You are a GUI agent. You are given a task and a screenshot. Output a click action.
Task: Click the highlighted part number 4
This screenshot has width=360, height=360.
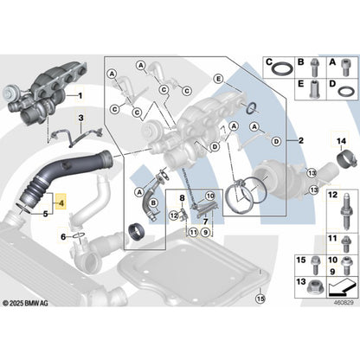(x=61, y=203)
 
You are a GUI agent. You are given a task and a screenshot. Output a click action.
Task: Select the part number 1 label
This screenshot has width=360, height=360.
(x=80, y=95)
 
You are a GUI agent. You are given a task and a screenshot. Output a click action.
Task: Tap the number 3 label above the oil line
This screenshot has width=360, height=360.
(x=81, y=118)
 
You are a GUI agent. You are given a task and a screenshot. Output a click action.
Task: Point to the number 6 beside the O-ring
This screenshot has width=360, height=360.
(x=63, y=237)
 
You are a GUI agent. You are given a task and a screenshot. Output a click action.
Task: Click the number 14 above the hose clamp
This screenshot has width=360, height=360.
(x=341, y=141)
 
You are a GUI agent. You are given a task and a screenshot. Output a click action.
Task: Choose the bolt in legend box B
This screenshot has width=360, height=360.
(x=314, y=67)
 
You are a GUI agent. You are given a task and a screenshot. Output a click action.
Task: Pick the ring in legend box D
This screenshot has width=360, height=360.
(x=347, y=92)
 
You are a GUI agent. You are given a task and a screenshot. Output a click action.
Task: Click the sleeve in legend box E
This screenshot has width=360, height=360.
(x=314, y=89)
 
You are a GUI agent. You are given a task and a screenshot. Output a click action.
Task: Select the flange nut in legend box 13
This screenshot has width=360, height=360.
(x=315, y=286)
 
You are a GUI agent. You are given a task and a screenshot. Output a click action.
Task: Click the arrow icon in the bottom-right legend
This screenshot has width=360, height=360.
(x=342, y=287)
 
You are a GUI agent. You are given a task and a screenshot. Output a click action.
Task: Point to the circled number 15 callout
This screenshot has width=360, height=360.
(x=260, y=299)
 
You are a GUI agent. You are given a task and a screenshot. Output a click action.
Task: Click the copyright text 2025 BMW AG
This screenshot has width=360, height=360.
(x=25, y=303)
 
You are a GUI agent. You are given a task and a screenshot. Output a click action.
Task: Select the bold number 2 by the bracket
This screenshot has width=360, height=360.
(x=301, y=141)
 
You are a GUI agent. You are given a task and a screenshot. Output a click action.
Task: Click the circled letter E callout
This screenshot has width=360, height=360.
(x=219, y=79)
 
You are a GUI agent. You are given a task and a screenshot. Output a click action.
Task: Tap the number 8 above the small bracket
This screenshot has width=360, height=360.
(x=182, y=198)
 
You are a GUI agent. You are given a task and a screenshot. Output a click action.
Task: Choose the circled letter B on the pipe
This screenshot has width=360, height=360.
(x=153, y=203)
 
